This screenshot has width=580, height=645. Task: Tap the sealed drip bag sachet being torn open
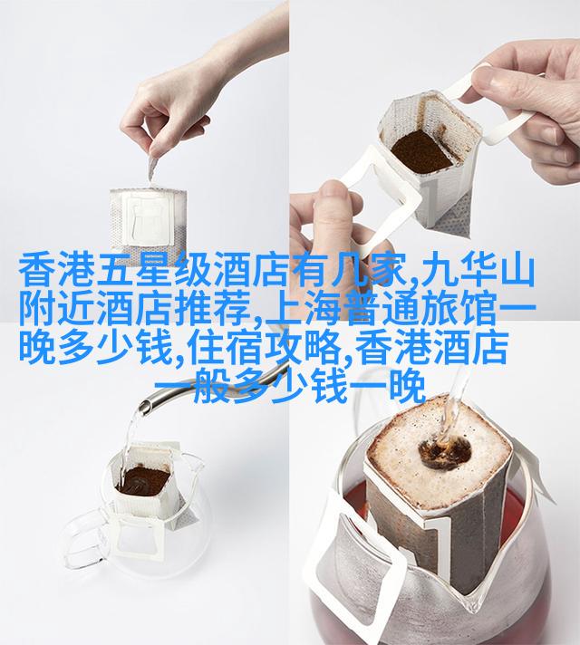[148, 222]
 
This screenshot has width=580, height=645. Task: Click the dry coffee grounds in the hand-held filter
[422, 151]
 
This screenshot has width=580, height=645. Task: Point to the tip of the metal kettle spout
[144, 407]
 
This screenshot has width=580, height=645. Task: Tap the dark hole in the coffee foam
[445, 452]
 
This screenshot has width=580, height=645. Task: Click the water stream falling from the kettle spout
[129, 440]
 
